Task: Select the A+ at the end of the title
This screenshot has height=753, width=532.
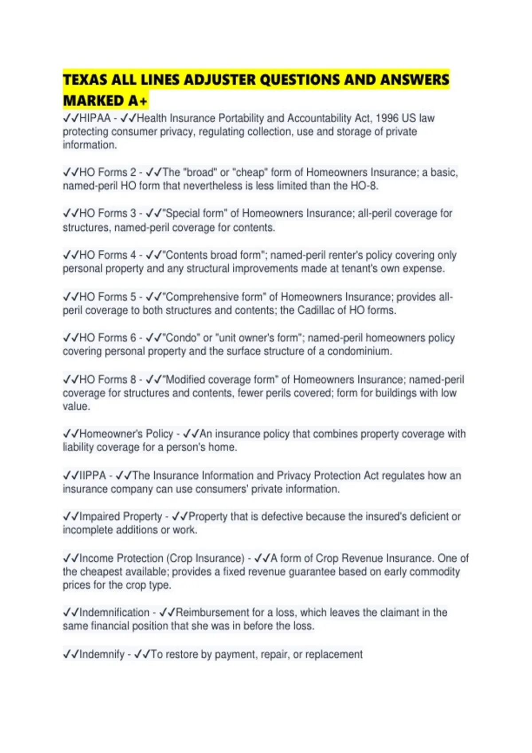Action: [137, 101]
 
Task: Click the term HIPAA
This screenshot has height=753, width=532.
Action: [95, 118]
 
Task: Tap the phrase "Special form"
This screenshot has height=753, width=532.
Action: [195, 213]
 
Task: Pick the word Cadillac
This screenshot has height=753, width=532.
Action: [316, 310]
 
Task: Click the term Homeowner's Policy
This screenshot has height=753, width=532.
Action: [126, 434]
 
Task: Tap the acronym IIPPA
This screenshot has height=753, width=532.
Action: [92, 475]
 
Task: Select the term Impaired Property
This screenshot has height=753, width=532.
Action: [121, 516]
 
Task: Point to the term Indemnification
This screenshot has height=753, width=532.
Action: [114, 613]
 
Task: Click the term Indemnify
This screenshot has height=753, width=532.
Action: [102, 654]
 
